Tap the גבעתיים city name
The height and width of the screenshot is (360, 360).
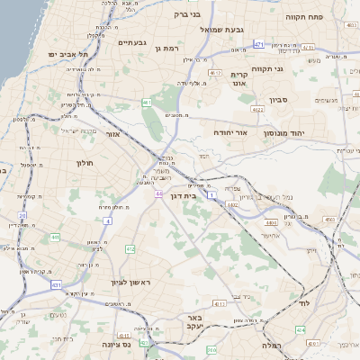coord(132,41)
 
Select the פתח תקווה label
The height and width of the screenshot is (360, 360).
coord(305,16)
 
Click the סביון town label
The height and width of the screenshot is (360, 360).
coord(275,101)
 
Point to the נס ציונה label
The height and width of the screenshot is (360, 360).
coord(118,343)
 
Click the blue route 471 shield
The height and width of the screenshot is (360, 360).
coord(259,43)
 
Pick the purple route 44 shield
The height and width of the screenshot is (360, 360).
coord(158,193)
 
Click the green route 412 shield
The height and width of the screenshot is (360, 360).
coord(130,249)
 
